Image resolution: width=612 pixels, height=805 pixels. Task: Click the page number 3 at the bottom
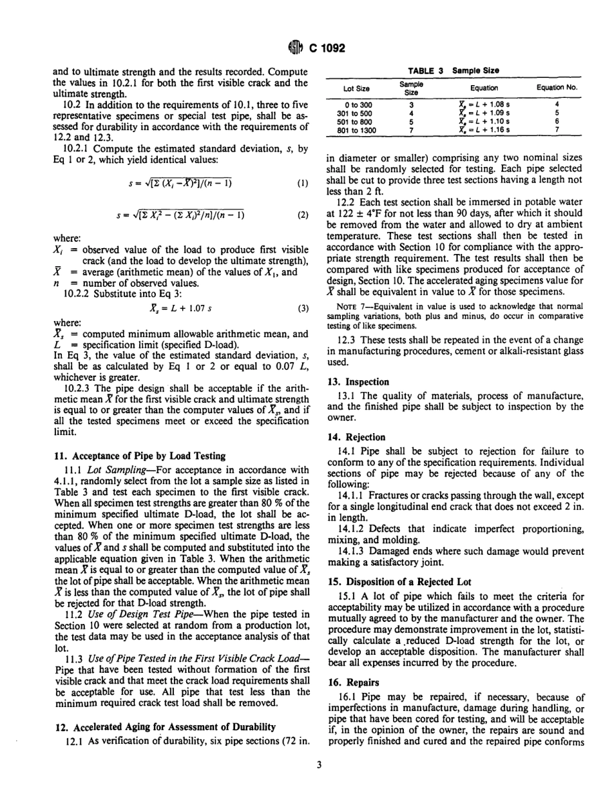coord(311,782)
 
